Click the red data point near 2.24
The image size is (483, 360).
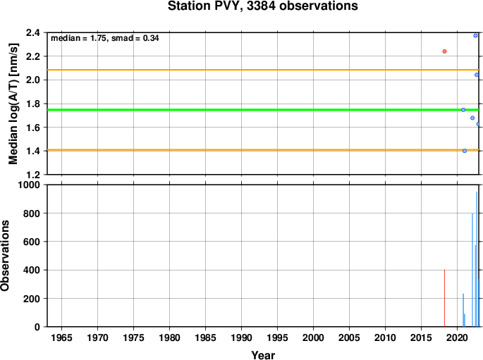click(x=444, y=51)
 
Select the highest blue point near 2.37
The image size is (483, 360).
click(x=475, y=36)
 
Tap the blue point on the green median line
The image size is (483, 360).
click(x=463, y=110)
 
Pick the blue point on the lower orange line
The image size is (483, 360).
click(x=465, y=151)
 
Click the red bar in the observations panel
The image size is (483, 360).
click(x=444, y=298)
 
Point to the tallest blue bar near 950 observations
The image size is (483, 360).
click(x=477, y=259)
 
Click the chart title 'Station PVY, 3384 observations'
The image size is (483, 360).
click(x=263, y=6)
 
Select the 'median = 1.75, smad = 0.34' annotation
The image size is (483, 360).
click(x=105, y=38)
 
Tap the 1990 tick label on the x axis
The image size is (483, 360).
click(x=241, y=337)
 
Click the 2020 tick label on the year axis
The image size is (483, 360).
click(x=457, y=337)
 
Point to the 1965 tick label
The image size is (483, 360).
click(x=61, y=337)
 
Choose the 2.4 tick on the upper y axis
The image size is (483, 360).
click(x=33, y=32)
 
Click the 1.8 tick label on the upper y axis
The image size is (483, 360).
click(x=33, y=104)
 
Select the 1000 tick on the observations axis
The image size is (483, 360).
click(x=29, y=185)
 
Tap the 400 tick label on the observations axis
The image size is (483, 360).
click(x=32, y=270)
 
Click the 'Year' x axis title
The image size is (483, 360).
click(x=263, y=355)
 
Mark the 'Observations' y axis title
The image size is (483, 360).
click(x=5, y=256)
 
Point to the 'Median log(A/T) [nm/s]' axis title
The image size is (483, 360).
click(x=13, y=104)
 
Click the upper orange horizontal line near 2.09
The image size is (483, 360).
click(x=263, y=70)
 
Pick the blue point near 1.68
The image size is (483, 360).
click(x=472, y=118)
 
